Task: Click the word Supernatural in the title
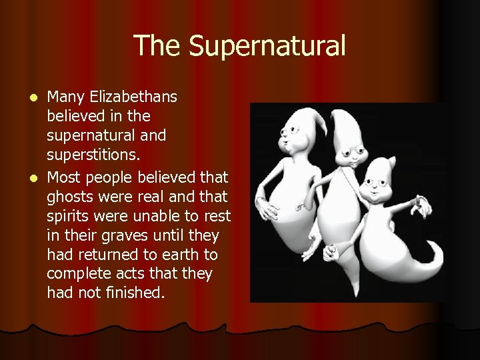pyautogui.click(x=267, y=46)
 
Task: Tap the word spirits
pyautogui.click(x=69, y=216)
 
